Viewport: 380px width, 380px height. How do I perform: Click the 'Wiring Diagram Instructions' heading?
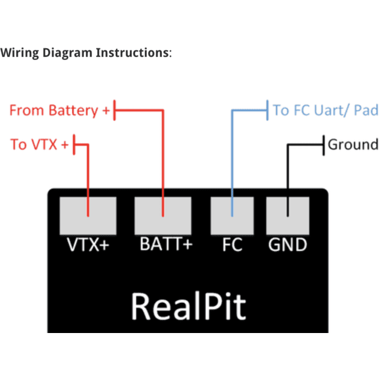pyautogui.click(x=85, y=52)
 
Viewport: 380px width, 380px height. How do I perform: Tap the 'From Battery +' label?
pyautogui.click(x=59, y=111)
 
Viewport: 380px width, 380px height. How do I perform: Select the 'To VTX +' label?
pyautogui.click(x=39, y=144)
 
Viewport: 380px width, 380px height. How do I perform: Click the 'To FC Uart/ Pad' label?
pyautogui.click(x=325, y=110)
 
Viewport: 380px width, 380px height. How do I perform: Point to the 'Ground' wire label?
pyautogui.click(x=353, y=145)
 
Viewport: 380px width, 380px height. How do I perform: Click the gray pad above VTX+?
pyautogui.click(x=87, y=215)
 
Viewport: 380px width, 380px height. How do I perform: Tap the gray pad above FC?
pyautogui.click(x=232, y=215)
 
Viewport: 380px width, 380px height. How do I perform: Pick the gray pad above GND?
pyautogui.click(x=287, y=215)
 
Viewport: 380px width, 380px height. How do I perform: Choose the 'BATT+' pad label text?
pyautogui.click(x=166, y=244)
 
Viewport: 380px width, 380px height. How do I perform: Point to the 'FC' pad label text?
pyautogui.click(x=232, y=245)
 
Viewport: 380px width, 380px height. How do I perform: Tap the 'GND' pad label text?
pyautogui.click(x=287, y=245)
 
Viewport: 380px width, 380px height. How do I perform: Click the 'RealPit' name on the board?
pyautogui.click(x=188, y=306)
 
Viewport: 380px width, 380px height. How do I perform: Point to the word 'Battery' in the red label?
pyautogui.click(x=73, y=111)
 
